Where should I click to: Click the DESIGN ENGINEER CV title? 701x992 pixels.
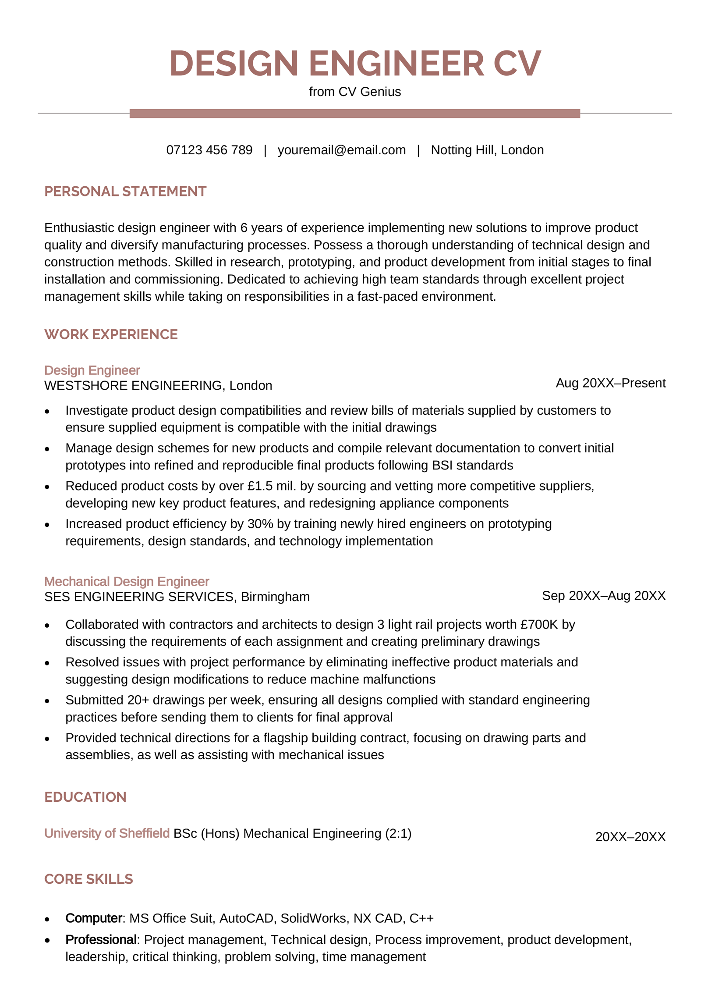(355, 64)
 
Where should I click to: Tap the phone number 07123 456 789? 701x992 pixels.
(209, 150)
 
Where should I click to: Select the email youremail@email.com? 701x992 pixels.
(341, 150)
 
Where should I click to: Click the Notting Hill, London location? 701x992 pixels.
(487, 150)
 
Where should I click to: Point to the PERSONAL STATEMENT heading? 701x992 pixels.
(125, 192)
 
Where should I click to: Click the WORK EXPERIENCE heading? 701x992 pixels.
(111, 334)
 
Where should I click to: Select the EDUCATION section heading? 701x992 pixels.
(85, 797)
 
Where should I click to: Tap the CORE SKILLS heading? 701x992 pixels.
(89, 879)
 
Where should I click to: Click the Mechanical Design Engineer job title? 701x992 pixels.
(127, 581)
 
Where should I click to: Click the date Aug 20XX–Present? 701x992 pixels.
(610, 383)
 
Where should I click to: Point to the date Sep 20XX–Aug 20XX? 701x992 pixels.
(603, 596)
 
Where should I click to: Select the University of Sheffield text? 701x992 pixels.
(107, 833)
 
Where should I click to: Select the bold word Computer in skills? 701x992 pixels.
(94, 918)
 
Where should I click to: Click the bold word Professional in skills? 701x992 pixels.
(101, 940)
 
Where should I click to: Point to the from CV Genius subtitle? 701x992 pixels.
(355, 92)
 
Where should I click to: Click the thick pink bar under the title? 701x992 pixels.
(355, 114)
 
